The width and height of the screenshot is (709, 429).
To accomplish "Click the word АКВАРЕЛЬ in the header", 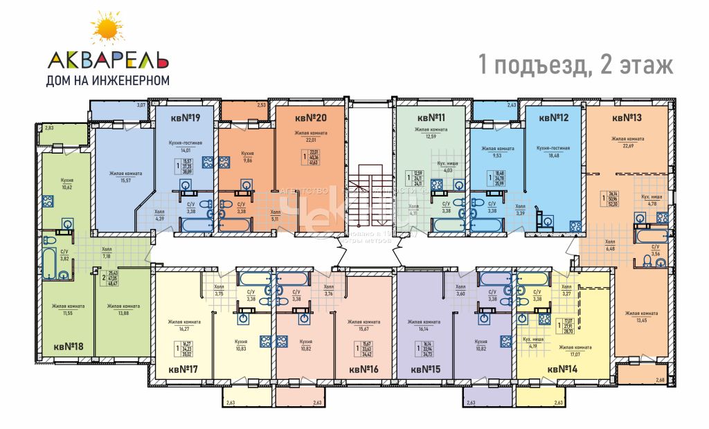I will click(x=107, y=59).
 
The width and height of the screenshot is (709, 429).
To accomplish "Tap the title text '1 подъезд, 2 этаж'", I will click(x=575, y=66).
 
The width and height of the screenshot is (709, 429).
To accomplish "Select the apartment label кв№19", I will click(x=185, y=118).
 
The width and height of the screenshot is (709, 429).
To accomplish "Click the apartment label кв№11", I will click(x=431, y=118).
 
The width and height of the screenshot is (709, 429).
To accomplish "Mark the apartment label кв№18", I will click(x=69, y=345).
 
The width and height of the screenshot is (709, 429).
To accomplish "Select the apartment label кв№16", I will click(x=363, y=369).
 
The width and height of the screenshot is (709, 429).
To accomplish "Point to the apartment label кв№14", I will click(x=562, y=369).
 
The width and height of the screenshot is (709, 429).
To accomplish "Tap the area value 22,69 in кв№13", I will click(x=627, y=146).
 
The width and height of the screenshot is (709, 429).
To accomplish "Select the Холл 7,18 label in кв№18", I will click(x=106, y=253).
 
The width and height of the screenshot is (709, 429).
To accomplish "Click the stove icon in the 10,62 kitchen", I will click(x=48, y=202).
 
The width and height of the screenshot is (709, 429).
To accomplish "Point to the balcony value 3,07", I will click(x=141, y=104).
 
